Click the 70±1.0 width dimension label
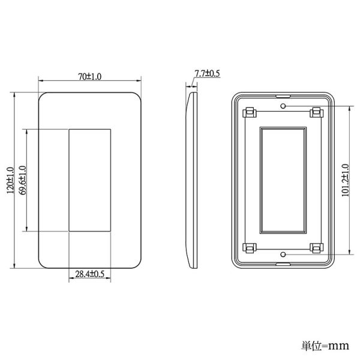click(x=89, y=76)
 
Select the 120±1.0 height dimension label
click(x=10, y=180)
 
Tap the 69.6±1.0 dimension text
click(x=23, y=180)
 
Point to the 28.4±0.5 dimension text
click(x=90, y=274)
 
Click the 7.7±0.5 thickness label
click(x=207, y=73)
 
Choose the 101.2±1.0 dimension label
click(x=346, y=180)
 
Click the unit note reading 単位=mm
click(x=325, y=346)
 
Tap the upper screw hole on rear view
click(x=283, y=106)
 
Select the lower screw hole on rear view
click(x=283, y=254)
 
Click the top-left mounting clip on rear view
click(x=250, y=113)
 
